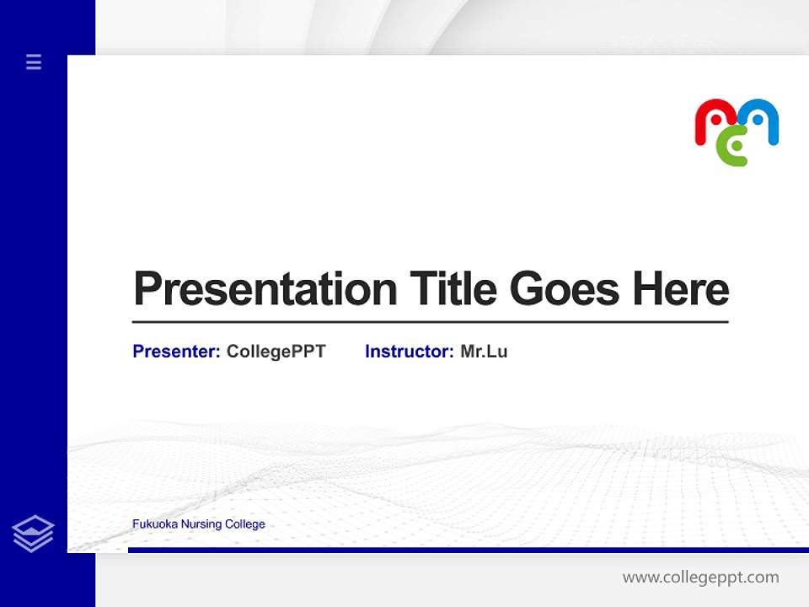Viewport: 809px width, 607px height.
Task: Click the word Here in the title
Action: click(x=681, y=290)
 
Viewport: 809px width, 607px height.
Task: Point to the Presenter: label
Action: click(x=176, y=352)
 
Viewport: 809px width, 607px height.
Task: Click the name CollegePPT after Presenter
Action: click(x=276, y=352)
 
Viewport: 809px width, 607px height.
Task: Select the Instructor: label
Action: click(x=409, y=352)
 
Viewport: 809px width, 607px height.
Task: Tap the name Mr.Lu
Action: click(x=484, y=352)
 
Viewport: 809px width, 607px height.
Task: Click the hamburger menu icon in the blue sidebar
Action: click(x=34, y=62)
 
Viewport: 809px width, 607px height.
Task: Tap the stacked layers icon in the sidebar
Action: click(x=33, y=534)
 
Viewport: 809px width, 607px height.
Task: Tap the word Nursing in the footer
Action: click(x=199, y=524)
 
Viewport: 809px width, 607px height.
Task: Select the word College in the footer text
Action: click(x=245, y=524)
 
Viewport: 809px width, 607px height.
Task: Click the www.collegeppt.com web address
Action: click(x=700, y=577)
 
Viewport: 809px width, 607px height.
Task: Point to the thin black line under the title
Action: click(x=430, y=322)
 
